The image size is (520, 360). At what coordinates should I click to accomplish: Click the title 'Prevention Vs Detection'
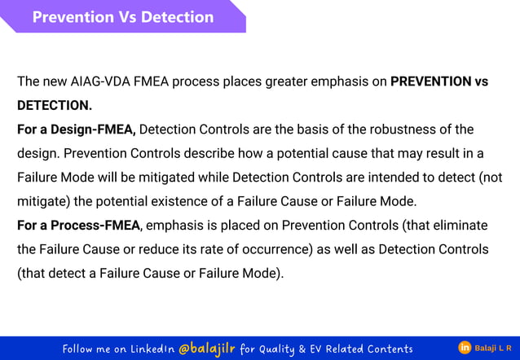(122, 17)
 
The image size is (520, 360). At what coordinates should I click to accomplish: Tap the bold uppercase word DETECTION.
(54, 106)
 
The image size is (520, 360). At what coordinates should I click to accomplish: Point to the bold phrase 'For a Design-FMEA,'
(77, 130)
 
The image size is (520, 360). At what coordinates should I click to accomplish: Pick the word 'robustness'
(395, 130)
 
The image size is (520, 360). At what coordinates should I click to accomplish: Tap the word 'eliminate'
(460, 225)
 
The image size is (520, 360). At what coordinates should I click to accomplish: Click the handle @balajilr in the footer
(205, 349)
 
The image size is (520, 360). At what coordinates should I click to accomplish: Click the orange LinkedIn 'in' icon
(464, 349)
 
